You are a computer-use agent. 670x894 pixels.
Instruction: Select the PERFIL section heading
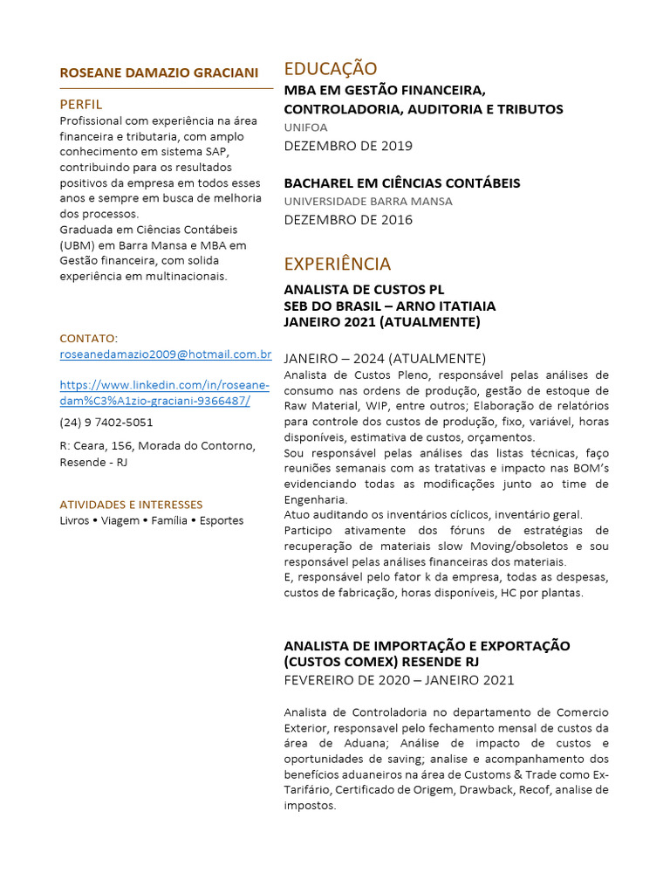[81, 104]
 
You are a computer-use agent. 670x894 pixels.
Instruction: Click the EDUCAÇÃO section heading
[331, 69]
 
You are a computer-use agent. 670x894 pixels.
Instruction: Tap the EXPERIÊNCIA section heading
[338, 264]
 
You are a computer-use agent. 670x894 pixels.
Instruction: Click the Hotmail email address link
[166, 354]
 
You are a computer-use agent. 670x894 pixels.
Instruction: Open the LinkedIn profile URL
[164, 393]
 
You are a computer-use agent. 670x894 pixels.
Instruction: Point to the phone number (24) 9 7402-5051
[106, 423]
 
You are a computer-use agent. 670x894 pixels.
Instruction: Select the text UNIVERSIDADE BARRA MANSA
[368, 202]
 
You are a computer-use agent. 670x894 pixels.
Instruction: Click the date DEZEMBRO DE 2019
[348, 146]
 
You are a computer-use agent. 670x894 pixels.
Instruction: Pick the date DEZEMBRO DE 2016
[348, 220]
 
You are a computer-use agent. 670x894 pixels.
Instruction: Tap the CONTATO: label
[88, 338]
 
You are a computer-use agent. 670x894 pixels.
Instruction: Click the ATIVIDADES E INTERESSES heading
[131, 505]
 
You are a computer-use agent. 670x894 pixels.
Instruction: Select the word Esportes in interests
[222, 520]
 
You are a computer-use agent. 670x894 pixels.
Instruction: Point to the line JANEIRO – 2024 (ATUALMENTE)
[385, 359]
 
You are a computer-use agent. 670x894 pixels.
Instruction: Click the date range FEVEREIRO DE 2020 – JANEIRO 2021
[399, 680]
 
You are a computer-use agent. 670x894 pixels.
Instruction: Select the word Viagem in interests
[120, 520]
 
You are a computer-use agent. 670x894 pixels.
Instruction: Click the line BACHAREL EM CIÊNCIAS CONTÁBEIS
[401, 183]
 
